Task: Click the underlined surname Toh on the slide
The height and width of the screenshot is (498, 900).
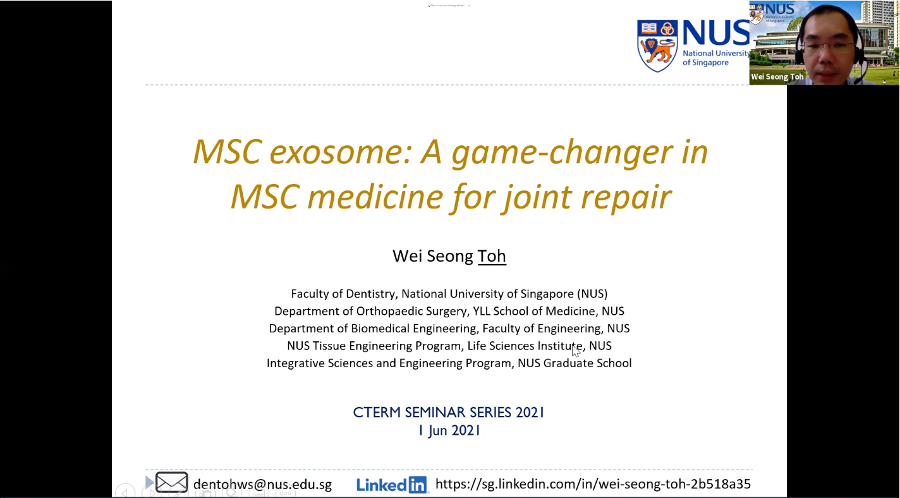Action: (492, 256)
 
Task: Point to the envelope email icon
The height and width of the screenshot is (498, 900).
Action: (171, 482)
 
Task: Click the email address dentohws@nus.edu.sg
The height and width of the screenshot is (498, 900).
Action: (262, 484)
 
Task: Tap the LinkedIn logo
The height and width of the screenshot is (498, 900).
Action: (391, 485)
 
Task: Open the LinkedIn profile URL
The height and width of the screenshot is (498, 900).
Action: (593, 484)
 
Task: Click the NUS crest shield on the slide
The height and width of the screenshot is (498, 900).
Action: (657, 46)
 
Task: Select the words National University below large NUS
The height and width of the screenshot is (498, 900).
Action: (715, 54)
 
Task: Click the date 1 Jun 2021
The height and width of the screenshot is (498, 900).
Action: (449, 430)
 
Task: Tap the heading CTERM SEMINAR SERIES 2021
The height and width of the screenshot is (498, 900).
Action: (449, 413)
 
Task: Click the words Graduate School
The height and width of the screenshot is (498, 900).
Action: (587, 363)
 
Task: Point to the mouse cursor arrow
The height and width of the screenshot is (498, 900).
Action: (576, 350)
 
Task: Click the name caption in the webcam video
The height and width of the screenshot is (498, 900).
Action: (777, 76)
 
